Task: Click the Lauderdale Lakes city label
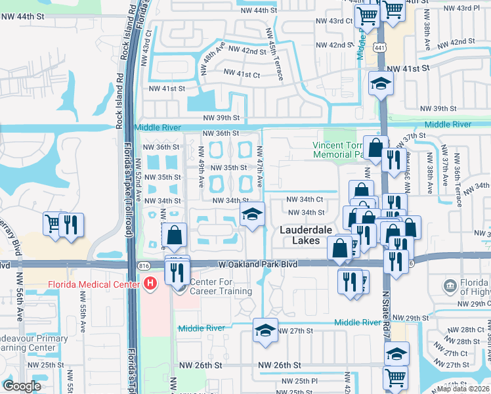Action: click(x=309, y=235)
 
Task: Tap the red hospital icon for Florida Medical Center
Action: click(x=150, y=284)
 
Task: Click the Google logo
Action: click(x=23, y=386)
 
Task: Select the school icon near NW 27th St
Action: click(x=265, y=330)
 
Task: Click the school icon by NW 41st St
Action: click(x=380, y=83)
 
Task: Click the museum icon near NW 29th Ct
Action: click(x=450, y=286)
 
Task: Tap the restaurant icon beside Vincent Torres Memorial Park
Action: click(x=394, y=160)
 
